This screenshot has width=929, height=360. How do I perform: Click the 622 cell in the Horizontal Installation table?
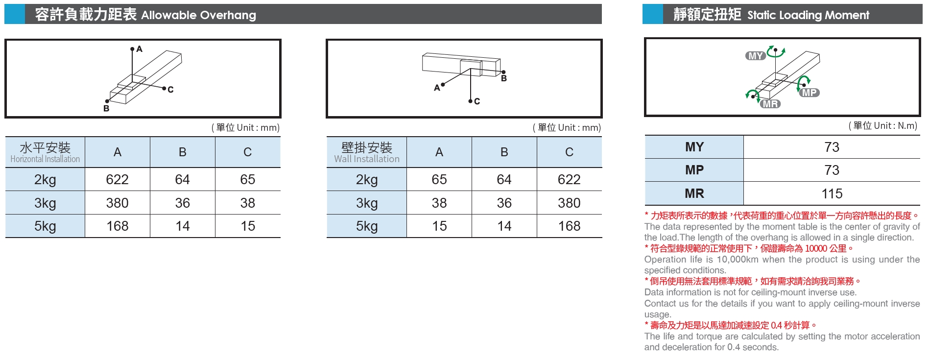[118, 179]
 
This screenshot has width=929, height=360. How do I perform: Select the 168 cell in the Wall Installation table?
[569, 226]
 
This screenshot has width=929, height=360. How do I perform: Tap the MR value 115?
[832, 193]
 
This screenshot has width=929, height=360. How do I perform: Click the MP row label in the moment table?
[694, 170]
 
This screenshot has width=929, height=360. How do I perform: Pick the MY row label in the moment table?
[694, 147]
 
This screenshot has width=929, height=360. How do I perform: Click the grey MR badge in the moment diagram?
[770, 104]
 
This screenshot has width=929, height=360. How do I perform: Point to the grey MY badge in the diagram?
[755, 56]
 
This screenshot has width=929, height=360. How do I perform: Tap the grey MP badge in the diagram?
[809, 93]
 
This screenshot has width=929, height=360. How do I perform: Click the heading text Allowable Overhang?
[198, 15]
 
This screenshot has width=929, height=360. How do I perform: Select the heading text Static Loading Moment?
[808, 15]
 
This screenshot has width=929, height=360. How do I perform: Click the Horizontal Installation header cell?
[45, 152]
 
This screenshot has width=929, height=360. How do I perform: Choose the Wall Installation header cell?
[366, 152]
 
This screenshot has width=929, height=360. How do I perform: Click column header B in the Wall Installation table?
[504, 152]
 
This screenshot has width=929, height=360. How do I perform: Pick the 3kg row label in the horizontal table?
[45, 203]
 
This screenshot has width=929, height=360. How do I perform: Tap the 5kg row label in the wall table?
[366, 226]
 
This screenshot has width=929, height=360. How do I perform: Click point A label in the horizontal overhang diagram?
[140, 49]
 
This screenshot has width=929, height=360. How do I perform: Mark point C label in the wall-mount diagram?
[477, 101]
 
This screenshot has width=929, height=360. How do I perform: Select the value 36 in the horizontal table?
[182, 203]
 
